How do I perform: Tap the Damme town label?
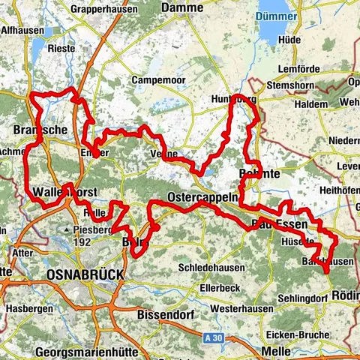[x=182, y=7]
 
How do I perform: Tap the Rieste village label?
[x=61, y=48]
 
